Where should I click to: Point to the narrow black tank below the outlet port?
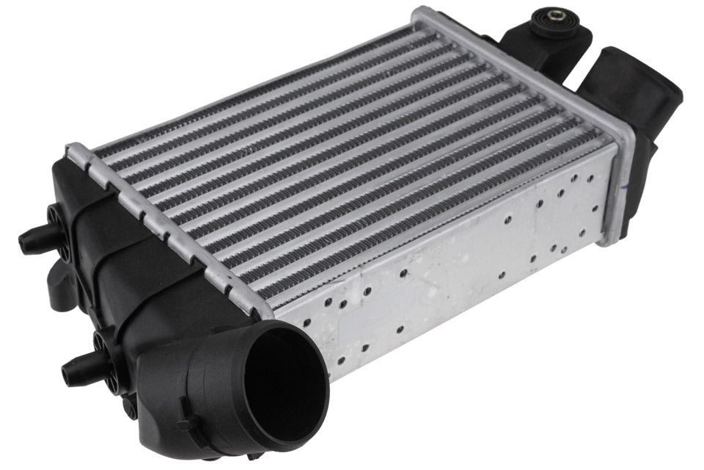[x=638, y=191]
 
